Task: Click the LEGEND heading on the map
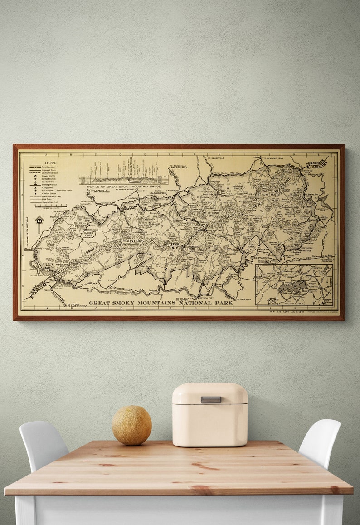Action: [x=50, y=163]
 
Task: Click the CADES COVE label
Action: [x=88, y=235]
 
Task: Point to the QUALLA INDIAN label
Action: [x=257, y=250]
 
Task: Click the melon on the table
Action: [x=131, y=425]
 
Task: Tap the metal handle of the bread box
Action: [x=211, y=399]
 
